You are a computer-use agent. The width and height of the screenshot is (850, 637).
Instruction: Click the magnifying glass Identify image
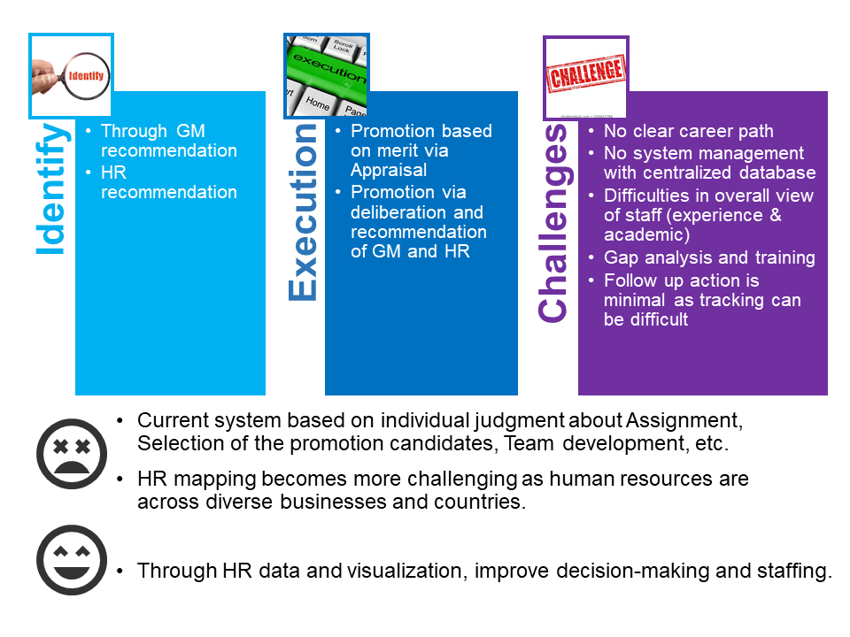click(71, 76)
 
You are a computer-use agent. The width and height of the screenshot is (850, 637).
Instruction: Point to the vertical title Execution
click(303, 212)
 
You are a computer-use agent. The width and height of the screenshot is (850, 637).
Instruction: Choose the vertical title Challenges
click(552, 223)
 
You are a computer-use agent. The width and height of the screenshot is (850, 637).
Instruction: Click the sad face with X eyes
click(72, 454)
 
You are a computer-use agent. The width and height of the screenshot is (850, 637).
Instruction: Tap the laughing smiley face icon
click(72, 560)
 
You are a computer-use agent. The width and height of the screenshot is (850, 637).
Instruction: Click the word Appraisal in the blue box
click(389, 171)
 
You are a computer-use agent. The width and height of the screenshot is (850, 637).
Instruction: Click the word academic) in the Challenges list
click(646, 235)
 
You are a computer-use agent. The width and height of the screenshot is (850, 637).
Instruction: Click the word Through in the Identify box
click(134, 131)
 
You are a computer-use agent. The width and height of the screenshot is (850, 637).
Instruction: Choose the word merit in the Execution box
click(398, 150)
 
